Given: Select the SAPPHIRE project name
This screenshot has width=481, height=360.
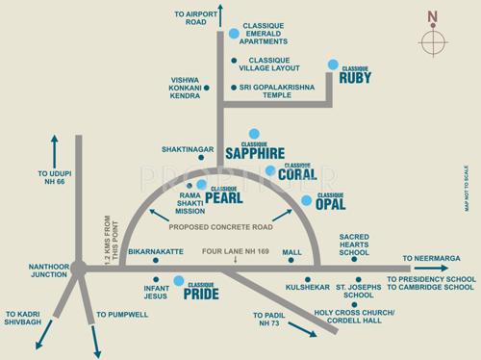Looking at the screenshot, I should pos(254,152).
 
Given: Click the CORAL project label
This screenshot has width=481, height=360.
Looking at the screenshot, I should pos(296,174).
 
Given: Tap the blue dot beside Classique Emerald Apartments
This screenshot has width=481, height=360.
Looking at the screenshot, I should pos(234,34).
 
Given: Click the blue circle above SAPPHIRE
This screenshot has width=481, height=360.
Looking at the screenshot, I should pos(254,134).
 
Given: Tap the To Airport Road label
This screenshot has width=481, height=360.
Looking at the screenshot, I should pos(190,18).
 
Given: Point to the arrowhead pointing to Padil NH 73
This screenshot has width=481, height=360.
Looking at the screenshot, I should pos(313,333).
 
